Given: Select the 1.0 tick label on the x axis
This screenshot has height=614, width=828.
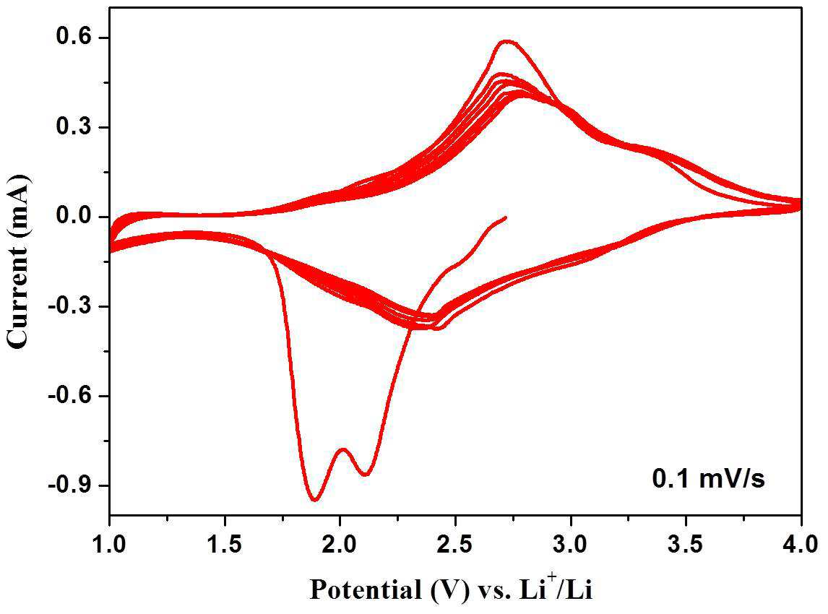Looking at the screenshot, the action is click(110, 544).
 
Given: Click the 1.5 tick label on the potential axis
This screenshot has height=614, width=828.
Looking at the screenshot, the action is click(225, 544).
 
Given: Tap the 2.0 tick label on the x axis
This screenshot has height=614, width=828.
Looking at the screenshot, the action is click(340, 544).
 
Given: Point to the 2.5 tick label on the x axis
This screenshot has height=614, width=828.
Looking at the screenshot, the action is click(455, 544).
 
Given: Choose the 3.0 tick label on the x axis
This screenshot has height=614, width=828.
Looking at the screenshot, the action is click(571, 544).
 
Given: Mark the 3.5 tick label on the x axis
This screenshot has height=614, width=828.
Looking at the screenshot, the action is click(686, 544).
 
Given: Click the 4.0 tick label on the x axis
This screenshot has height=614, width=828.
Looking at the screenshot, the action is click(801, 544).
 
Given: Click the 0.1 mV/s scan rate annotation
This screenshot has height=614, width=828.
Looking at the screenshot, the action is click(709, 479).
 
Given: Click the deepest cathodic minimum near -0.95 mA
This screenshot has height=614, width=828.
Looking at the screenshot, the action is click(315, 499).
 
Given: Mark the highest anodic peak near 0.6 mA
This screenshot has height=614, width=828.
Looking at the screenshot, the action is click(507, 40).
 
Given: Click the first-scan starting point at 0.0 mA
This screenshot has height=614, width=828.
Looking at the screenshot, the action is click(506, 217).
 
